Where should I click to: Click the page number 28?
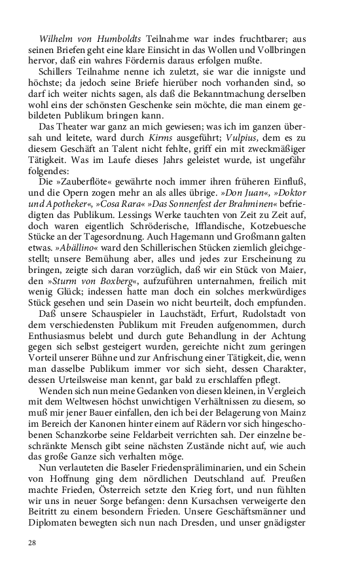[x=32, y=543]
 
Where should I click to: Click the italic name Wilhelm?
[x=56, y=39]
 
